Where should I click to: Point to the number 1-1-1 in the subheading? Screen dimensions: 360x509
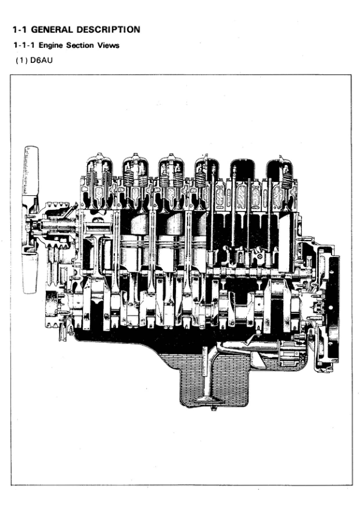(24, 45)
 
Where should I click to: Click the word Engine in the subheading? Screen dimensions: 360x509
(51, 45)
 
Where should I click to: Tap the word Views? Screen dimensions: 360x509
(108, 45)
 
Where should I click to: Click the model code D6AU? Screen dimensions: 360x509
(41, 60)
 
